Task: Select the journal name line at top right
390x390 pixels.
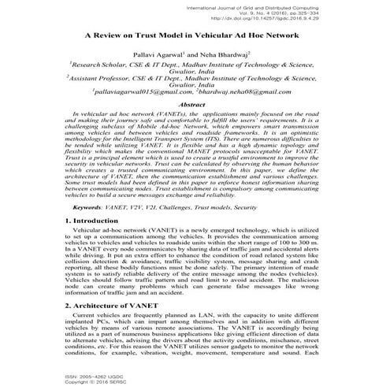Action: pyautogui.click(x=289, y=6)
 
